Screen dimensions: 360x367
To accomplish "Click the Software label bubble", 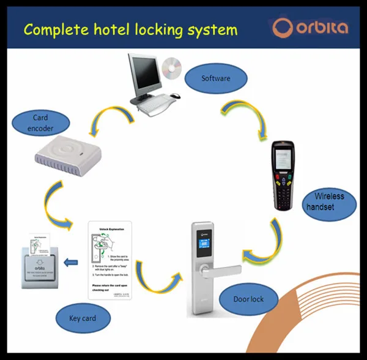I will (x=216, y=78).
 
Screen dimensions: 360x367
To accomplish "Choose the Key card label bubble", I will (x=82, y=318).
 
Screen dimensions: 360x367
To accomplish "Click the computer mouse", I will (x=175, y=96).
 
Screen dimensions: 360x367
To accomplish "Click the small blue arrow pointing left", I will (x=71, y=263).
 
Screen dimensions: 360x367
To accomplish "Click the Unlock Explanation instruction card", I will (x=110, y=260).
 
